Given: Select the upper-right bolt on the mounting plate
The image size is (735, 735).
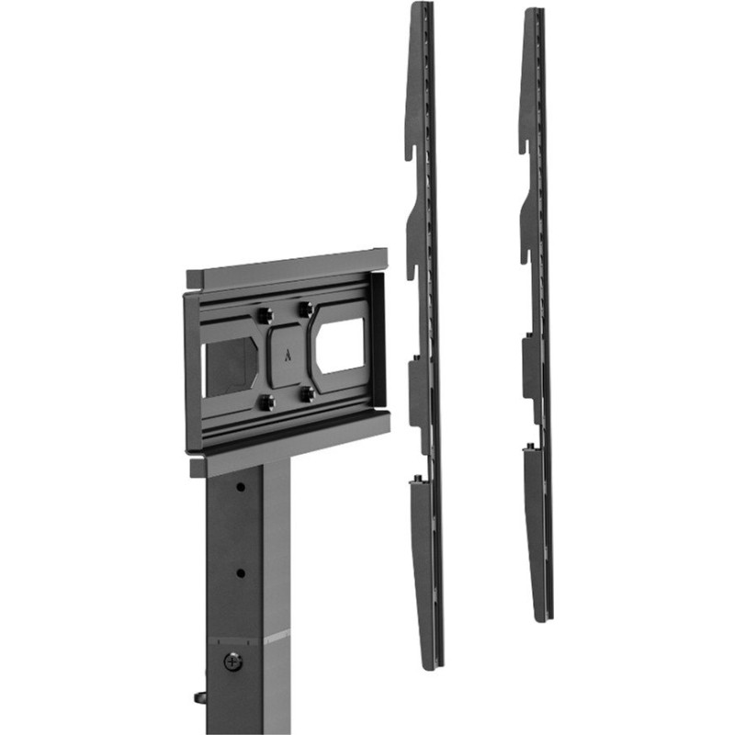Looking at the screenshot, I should click(x=305, y=310).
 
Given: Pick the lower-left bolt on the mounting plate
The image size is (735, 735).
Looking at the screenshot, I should click(x=267, y=401).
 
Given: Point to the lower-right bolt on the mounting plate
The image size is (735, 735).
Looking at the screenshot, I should click(x=309, y=392).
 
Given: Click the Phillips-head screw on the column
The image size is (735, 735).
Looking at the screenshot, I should click(x=233, y=660).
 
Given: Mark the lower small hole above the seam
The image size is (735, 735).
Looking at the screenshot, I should click(x=240, y=572).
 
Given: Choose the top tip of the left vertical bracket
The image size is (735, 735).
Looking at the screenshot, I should click(x=418, y=6).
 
